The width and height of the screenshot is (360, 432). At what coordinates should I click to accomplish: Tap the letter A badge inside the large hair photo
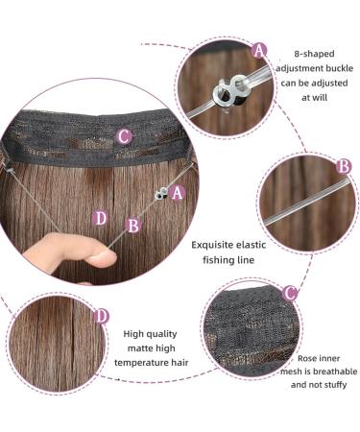(179, 192)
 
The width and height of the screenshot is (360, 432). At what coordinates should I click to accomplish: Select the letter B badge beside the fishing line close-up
(343, 165)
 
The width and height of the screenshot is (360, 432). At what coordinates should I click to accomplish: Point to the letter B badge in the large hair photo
(134, 227)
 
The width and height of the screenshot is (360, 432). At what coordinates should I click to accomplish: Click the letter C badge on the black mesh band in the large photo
(124, 137)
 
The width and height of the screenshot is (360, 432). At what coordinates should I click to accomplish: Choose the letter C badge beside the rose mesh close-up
(289, 290)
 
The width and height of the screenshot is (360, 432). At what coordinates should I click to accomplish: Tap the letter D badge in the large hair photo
(101, 219)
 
